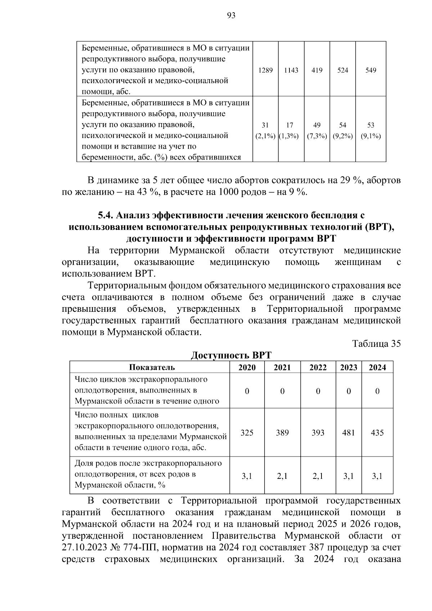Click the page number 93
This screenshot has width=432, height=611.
pyautogui.click(x=231, y=15)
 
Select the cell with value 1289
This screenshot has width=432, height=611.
pyautogui.click(x=265, y=70)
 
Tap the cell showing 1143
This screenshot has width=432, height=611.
pyautogui.click(x=291, y=70)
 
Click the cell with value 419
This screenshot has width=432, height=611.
pyautogui.click(x=317, y=70)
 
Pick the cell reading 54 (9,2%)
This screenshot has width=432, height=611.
pyautogui.click(x=343, y=130)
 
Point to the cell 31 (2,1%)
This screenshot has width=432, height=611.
pyautogui.click(x=265, y=130)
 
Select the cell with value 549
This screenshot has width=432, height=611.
pyautogui.click(x=371, y=70)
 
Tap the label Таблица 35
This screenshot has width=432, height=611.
pyautogui.click(x=377, y=343)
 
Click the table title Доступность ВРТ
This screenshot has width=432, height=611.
pyautogui.click(x=231, y=355)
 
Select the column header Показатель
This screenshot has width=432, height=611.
pyautogui.click(x=152, y=367)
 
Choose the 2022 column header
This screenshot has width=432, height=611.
pyautogui.click(x=318, y=367)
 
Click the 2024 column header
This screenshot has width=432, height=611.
pyautogui.click(x=377, y=367)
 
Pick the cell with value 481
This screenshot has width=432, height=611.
pyautogui.click(x=348, y=432)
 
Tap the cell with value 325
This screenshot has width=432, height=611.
pyautogui.click(x=247, y=432)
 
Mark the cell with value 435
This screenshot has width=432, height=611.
pyautogui.click(x=377, y=432)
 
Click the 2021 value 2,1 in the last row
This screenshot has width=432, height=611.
pyautogui.click(x=282, y=476)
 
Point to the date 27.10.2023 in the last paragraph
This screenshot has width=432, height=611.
pyautogui.click(x=84, y=548)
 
